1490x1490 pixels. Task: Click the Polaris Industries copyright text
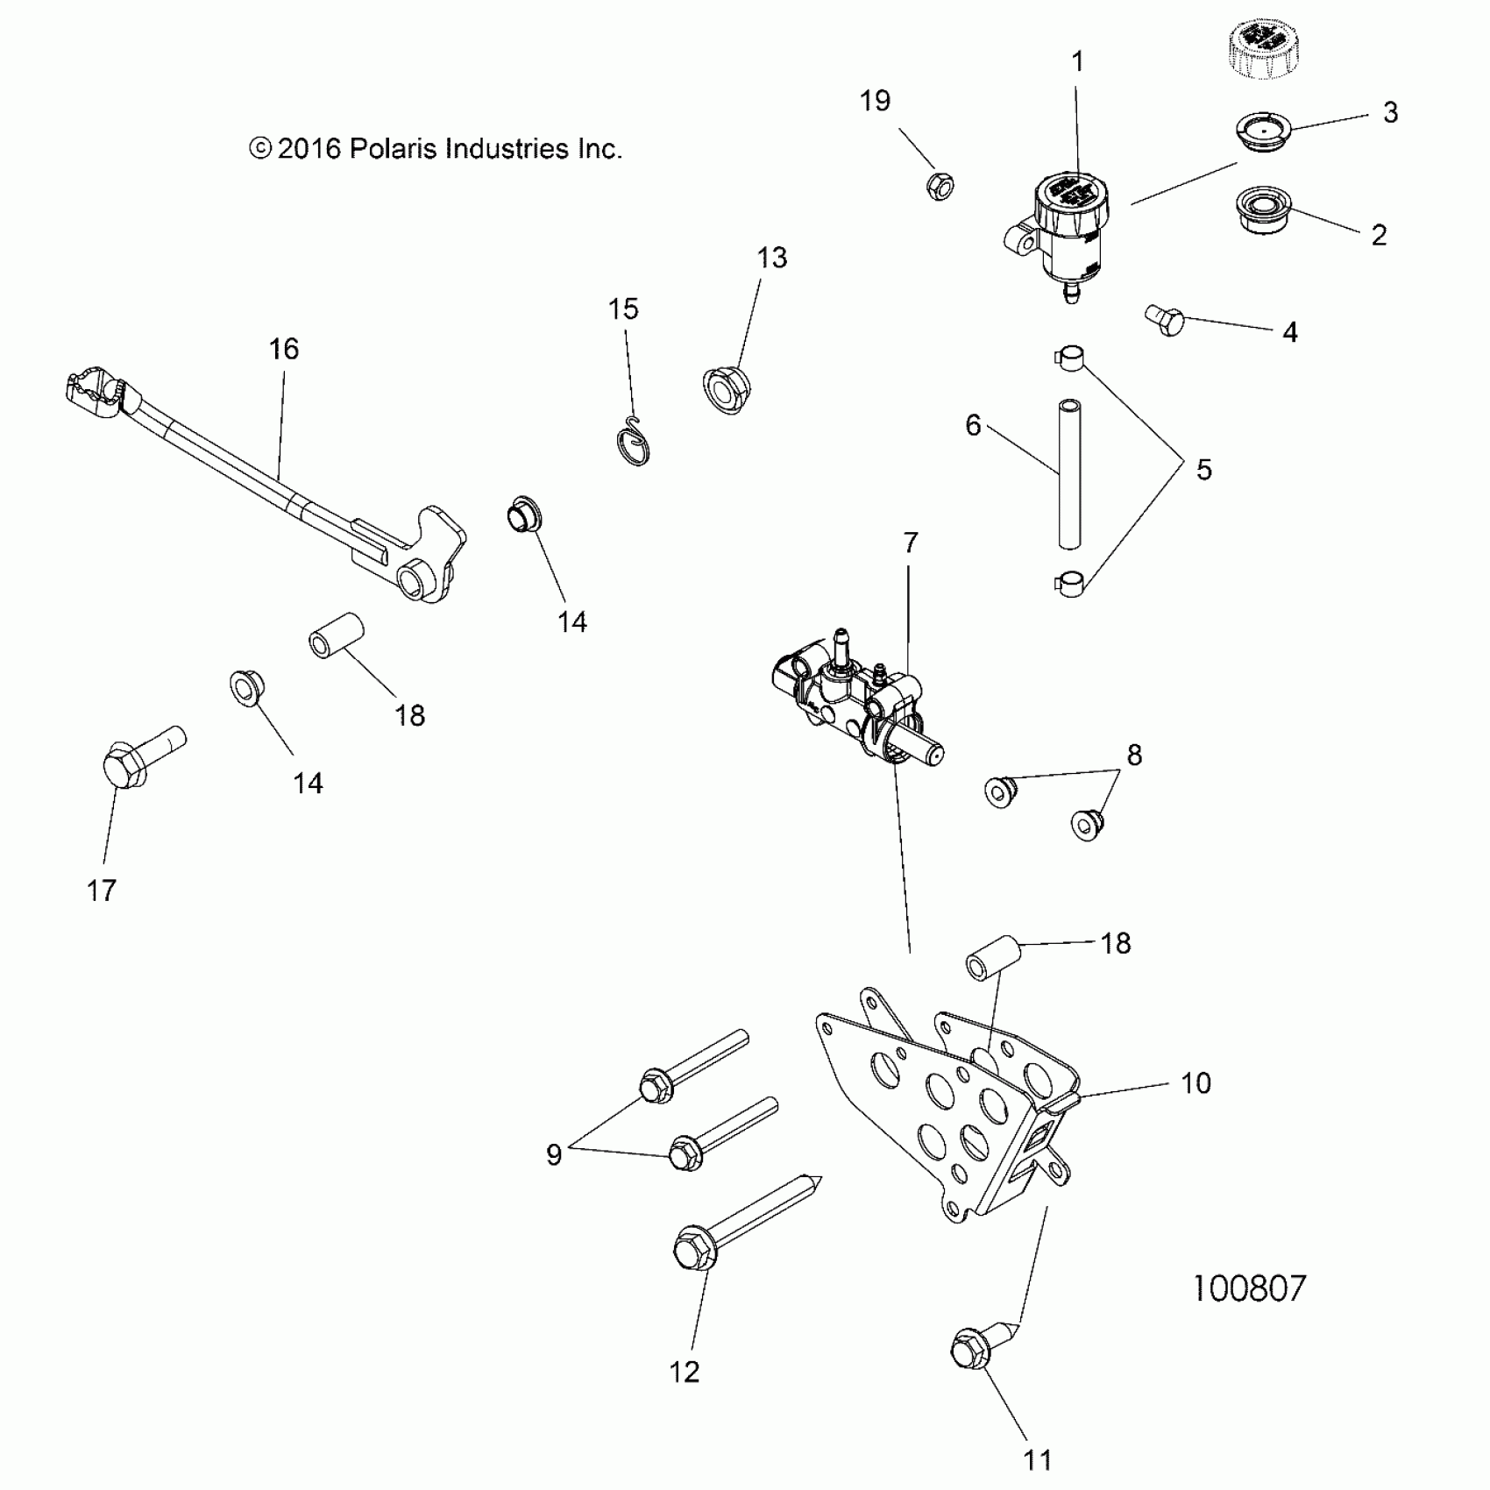(x=436, y=149)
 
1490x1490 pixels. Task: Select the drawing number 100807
(x=1249, y=1288)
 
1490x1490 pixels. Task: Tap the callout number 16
(x=283, y=349)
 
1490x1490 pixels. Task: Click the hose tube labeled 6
(x=1068, y=474)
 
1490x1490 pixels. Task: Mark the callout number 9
(x=554, y=1154)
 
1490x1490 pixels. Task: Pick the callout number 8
(x=1134, y=755)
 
